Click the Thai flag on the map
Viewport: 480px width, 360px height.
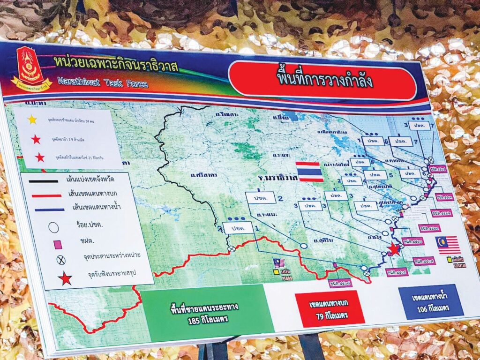(x=309, y=172)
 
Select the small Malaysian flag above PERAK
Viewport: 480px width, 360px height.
(x=279, y=263)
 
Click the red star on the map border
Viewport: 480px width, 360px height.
(x=394, y=249)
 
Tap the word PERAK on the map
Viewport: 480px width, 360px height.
(x=287, y=277)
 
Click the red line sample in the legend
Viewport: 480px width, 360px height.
(x=45, y=195)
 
